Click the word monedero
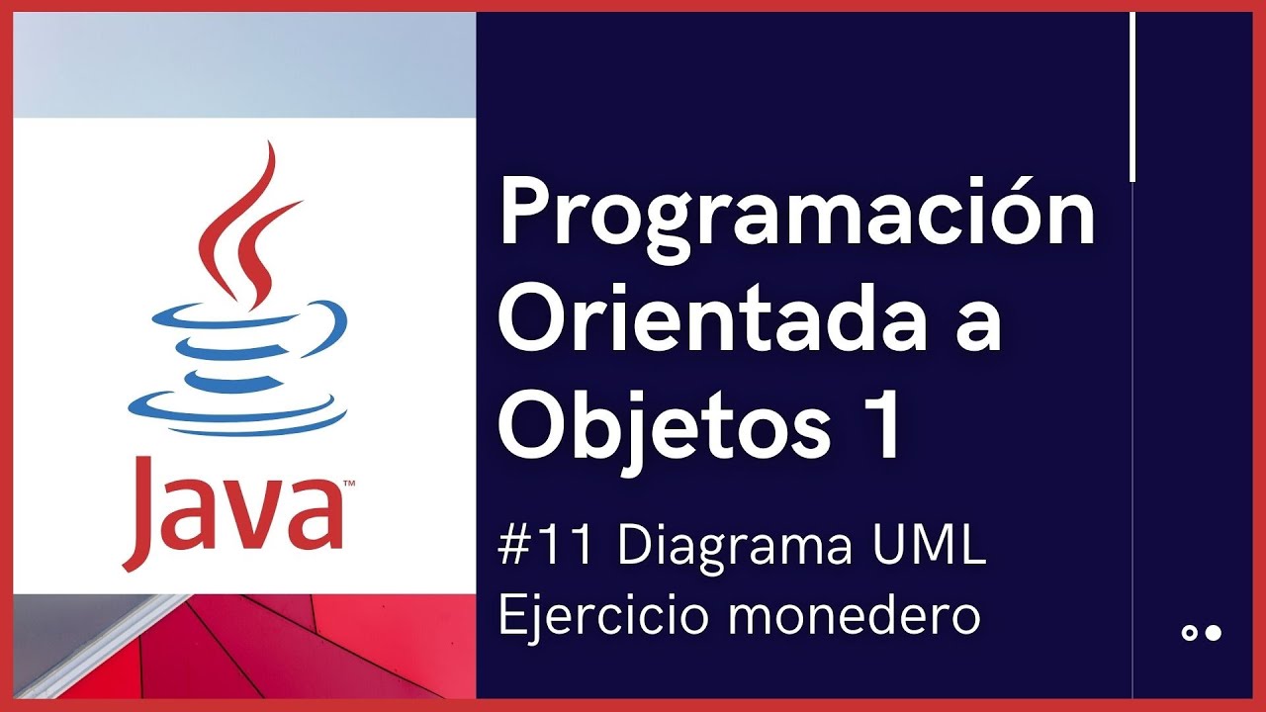point(857,616)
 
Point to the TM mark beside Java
point(349,485)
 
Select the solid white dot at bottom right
point(1214,633)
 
